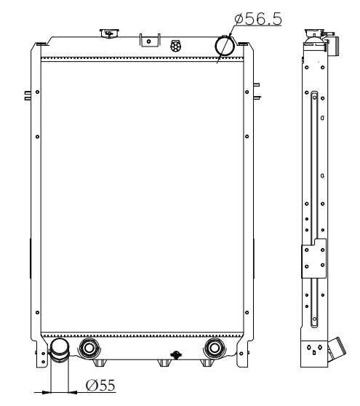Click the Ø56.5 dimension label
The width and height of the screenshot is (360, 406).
[x=258, y=19]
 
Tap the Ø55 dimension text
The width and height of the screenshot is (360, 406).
[x=100, y=386]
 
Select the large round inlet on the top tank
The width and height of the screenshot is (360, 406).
[x=225, y=46]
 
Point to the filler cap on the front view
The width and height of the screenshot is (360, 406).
[x=110, y=33]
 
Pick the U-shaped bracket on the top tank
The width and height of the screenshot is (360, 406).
[x=150, y=41]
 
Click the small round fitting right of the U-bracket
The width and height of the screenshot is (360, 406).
[x=176, y=46]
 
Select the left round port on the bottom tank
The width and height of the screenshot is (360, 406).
[x=89, y=349]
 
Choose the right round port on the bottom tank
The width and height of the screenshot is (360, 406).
[x=215, y=349]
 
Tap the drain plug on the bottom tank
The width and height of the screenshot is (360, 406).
[x=176, y=355]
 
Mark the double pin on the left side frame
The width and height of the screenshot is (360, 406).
[x=28, y=95]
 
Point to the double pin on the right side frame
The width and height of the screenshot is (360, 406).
[x=257, y=91]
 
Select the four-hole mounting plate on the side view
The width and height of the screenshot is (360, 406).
[x=313, y=259]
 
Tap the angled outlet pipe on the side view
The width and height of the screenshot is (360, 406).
[x=337, y=349]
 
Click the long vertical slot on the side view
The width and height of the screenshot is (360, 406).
[x=314, y=209]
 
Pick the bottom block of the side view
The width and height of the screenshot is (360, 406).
[x=314, y=354]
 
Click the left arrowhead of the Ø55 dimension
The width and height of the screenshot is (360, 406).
[x=47, y=392]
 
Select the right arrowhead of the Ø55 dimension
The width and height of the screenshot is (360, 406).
[x=73, y=392]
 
